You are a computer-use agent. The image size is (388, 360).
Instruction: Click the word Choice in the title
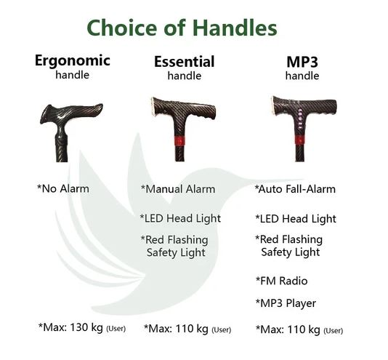coord(122,28)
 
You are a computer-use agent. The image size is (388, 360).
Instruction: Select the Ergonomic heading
coord(73,60)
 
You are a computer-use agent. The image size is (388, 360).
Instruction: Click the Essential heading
coord(185,62)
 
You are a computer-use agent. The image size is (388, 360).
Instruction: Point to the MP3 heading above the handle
coord(302,62)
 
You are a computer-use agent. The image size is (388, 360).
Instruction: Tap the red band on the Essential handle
coord(180,140)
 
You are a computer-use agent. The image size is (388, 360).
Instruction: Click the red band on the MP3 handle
coord(300,140)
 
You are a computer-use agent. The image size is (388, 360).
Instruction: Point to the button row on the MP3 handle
coord(300,119)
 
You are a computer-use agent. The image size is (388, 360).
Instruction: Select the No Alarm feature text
coord(63,189)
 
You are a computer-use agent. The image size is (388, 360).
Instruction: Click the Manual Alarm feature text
coord(178,189)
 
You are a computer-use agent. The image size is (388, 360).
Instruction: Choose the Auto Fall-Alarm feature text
coord(295,189)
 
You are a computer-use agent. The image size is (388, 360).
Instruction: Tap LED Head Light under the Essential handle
coord(180,219)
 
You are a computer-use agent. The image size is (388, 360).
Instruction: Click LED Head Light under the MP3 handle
coord(296,219)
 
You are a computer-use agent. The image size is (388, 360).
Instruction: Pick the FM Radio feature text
coord(282,281)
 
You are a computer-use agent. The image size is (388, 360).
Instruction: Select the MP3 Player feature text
coord(286,303)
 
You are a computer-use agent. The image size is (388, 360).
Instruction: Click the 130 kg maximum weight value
coord(86,327)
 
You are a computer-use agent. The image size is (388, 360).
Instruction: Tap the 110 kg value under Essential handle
coord(192,329)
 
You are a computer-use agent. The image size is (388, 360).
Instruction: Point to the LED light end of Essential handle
coord(153,107)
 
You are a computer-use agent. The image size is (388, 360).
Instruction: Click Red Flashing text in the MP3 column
coord(289,239)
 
